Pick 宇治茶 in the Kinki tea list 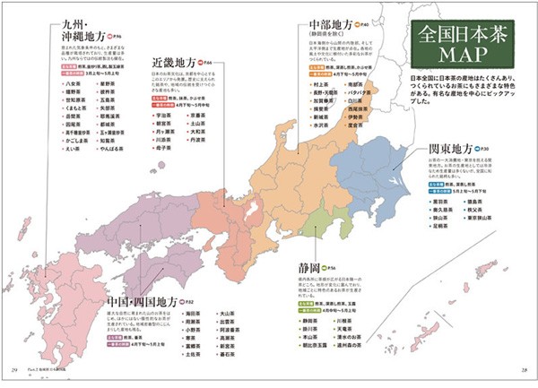(x=164, y=116)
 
